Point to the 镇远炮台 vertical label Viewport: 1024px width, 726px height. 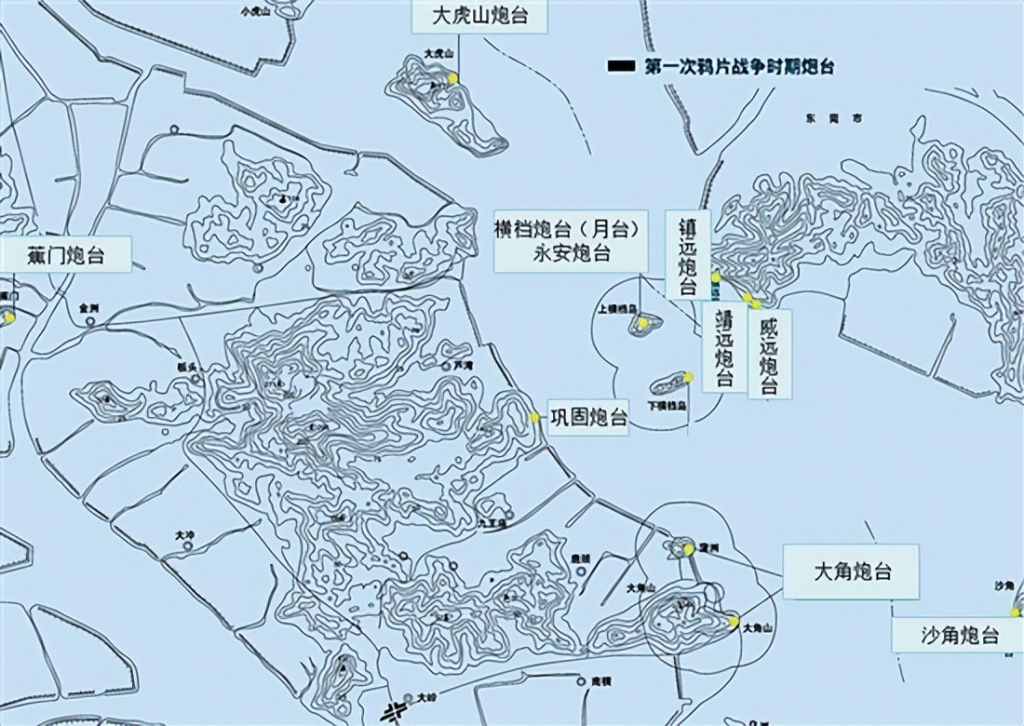tap(688, 253)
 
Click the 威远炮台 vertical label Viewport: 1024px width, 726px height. tap(769, 354)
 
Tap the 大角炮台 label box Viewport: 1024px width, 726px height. tap(852, 572)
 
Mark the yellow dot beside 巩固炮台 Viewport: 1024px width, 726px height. tap(534, 418)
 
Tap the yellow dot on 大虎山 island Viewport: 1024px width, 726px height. tap(452, 79)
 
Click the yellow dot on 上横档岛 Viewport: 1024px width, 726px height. tap(641, 323)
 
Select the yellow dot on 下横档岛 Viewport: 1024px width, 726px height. tap(688, 377)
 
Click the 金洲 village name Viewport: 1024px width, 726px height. tap(89, 306)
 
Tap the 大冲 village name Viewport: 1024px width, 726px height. tap(184, 535)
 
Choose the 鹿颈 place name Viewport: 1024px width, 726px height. tap(580, 558)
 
